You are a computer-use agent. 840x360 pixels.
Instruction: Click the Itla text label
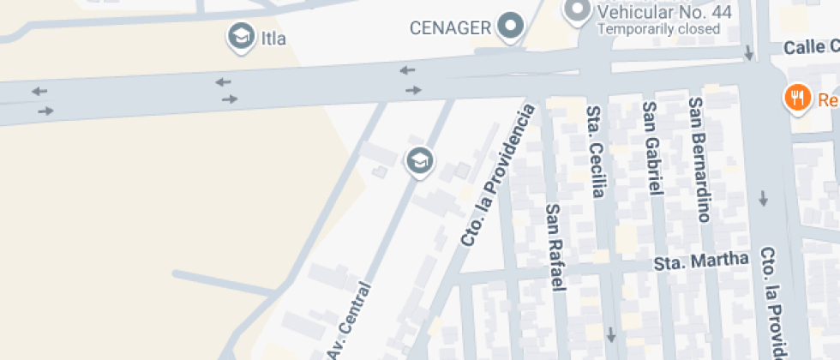click(x=274, y=39)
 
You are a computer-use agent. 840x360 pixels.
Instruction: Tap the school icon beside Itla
click(x=242, y=36)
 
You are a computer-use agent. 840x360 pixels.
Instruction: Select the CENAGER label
click(x=451, y=27)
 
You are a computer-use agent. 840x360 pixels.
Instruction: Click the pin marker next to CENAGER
click(x=512, y=26)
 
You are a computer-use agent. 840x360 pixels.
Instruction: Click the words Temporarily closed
click(x=658, y=29)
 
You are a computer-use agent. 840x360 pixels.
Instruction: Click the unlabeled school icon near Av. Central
click(x=418, y=159)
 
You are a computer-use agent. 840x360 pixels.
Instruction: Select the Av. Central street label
click(x=348, y=321)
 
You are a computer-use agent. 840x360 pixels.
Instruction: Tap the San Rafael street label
click(x=555, y=247)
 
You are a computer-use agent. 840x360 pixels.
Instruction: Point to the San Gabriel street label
click(x=653, y=148)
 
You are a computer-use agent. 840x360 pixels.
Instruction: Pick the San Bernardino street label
click(x=699, y=159)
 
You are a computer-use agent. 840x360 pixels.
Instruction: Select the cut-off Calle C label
click(x=811, y=48)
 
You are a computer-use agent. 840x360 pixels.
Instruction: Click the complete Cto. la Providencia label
click(x=497, y=176)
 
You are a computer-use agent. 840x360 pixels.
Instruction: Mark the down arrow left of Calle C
click(x=749, y=54)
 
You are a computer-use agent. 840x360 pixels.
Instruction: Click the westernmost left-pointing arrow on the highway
click(x=39, y=91)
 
